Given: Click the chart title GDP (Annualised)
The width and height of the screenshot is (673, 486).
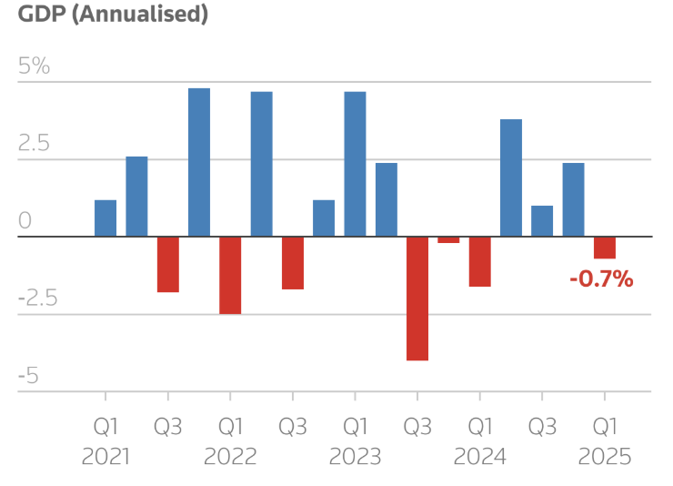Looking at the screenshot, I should (x=113, y=15).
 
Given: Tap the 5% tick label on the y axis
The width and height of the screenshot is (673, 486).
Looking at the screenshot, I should (x=34, y=67).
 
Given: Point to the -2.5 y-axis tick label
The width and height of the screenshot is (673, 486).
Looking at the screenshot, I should (x=37, y=299).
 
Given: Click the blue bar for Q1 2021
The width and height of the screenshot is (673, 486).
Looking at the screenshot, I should (x=105, y=218).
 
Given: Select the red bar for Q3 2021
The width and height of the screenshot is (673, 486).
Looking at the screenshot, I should (x=168, y=264).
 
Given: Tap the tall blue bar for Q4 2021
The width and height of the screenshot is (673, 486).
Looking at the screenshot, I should (x=199, y=162).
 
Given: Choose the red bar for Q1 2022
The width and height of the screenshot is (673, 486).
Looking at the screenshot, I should (x=230, y=275).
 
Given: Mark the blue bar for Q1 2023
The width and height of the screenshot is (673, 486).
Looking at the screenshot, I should (x=355, y=164).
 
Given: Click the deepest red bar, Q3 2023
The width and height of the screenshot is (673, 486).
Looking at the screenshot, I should (x=417, y=299).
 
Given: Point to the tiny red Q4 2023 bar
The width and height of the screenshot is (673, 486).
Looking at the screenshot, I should (x=448, y=240).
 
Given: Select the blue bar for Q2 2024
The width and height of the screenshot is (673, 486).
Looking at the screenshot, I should (x=511, y=177).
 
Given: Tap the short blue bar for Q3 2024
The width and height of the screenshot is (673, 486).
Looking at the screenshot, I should (x=542, y=221).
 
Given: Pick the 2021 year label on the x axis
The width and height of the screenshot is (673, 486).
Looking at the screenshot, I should (x=105, y=456).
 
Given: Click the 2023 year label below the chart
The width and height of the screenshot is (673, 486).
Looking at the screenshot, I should (x=355, y=456).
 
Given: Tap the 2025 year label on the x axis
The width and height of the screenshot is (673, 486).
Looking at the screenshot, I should (x=605, y=456).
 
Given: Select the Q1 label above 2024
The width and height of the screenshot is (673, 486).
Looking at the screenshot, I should (x=479, y=426).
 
